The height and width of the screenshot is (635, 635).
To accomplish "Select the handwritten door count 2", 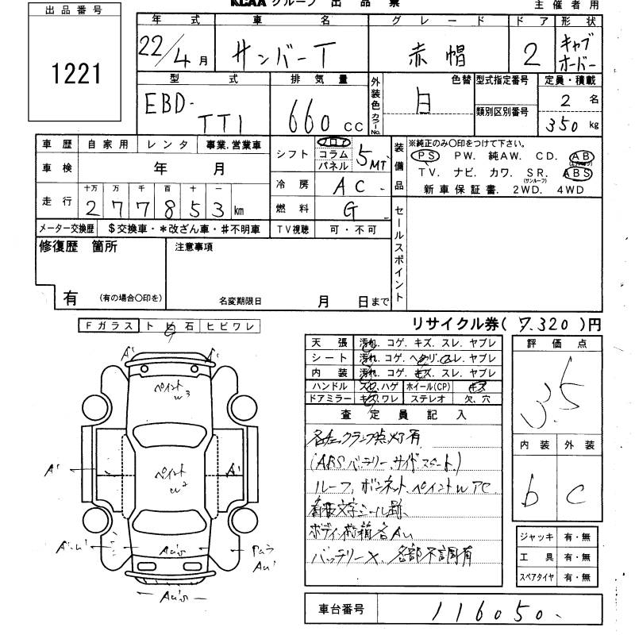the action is [x=532, y=54].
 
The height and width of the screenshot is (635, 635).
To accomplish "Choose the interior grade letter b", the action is [x=530, y=494].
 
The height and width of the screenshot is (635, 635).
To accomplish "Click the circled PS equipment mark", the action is [x=422, y=156].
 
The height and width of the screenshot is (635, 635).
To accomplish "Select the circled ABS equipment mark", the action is [x=577, y=171].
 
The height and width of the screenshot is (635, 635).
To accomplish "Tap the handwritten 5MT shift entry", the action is [x=370, y=158].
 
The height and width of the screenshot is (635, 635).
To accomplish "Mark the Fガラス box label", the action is [x=110, y=325].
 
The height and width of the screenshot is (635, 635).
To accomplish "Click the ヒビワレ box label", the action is [x=230, y=325].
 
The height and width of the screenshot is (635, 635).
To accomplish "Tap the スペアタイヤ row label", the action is [x=537, y=578].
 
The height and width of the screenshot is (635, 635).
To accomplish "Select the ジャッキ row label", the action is [x=537, y=537].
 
